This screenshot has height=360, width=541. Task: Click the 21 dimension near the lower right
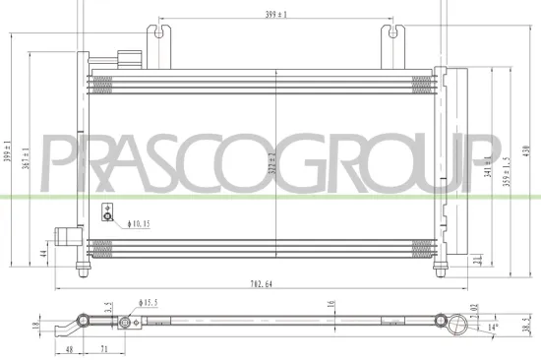(477, 260)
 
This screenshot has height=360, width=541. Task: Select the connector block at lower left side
(66, 236)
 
